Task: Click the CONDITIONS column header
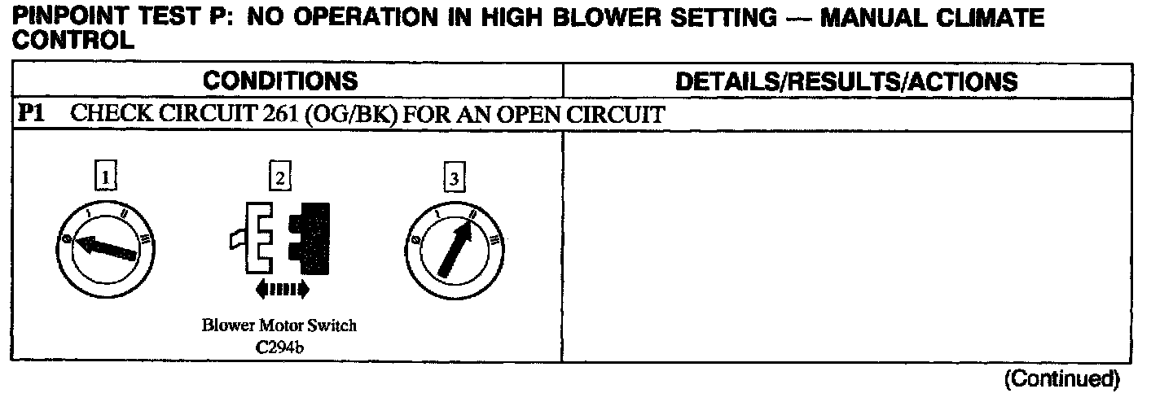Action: pos(279,81)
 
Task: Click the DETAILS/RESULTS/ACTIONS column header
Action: pos(846,81)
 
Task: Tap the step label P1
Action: pos(30,115)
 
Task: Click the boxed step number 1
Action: pos(106,177)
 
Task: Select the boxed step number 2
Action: pos(280,177)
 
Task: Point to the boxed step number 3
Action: pos(454,177)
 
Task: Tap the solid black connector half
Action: pos(309,233)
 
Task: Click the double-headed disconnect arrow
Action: pos(281,288)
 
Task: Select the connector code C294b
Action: pos(279,348)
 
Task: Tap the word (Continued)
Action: pos(1062,378)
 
